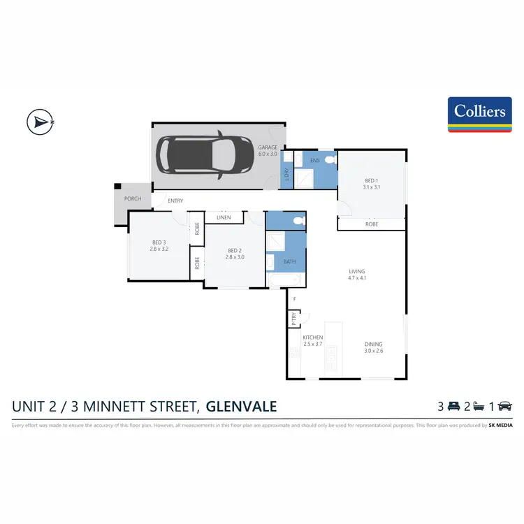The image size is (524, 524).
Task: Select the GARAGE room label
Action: [268, 147]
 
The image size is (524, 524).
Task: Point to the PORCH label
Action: [132, 198]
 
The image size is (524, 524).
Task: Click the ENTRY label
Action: [175, 201]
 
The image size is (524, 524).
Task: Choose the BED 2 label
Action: [234, 250]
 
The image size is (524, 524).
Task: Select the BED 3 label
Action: [159, 244]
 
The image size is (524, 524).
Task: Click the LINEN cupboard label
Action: [224, 218]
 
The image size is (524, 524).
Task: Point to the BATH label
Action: [289, 262]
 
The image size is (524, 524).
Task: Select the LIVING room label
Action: [357, 271]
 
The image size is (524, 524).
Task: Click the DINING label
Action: [373, 344]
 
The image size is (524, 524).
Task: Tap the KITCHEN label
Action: [312, 337]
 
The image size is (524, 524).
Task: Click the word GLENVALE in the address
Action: [242, 406]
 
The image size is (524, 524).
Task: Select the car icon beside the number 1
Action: [505, 406]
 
